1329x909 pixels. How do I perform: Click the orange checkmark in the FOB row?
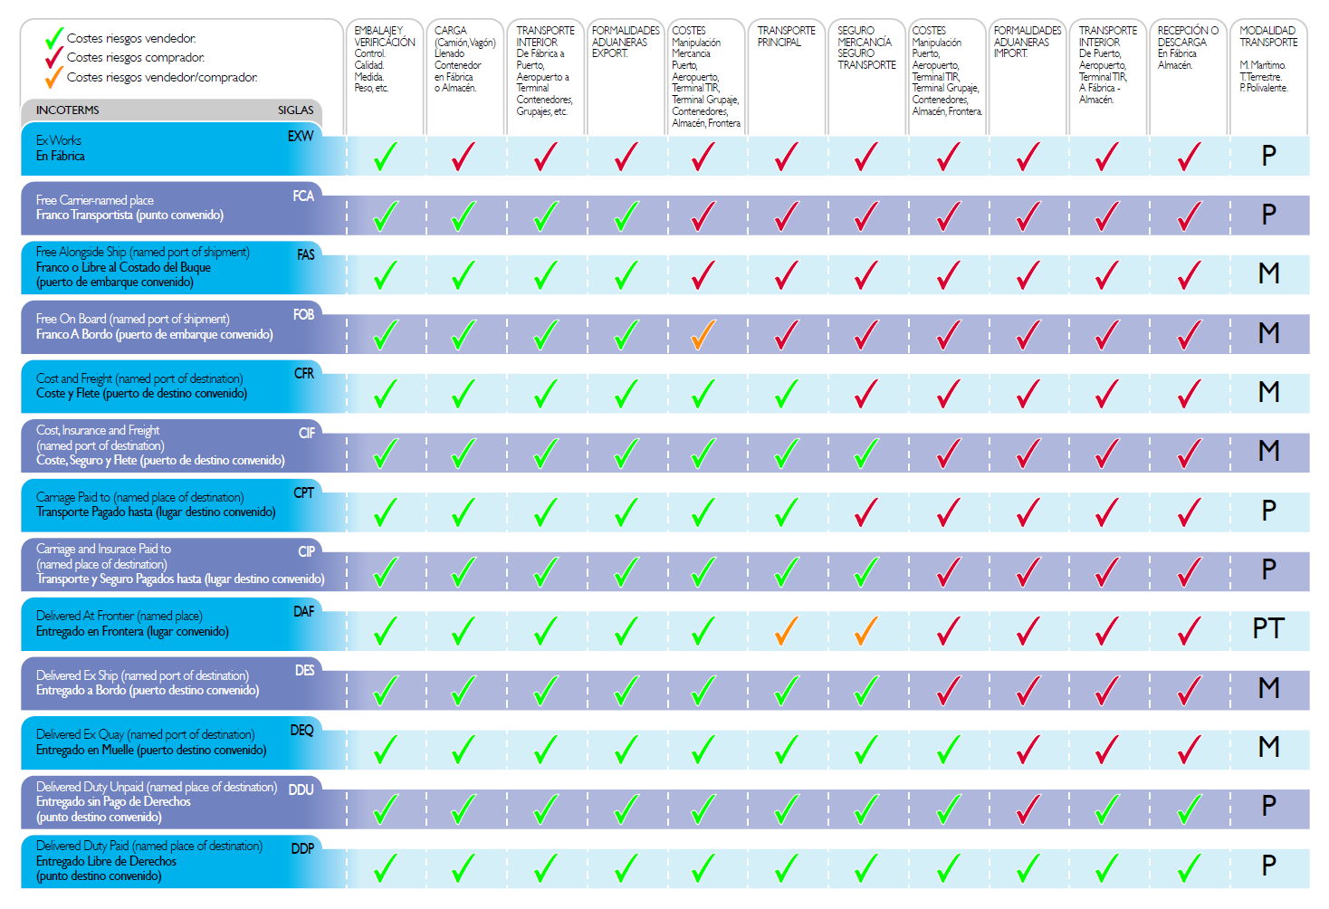pyautogui.click(x=703, y=335)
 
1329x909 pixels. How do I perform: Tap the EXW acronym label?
pyautogui.click(x=301, y=137)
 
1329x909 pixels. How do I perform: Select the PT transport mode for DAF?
pyautogui.click(x=1268, y=628)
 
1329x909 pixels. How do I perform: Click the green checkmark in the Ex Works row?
pyautogui.click(x=385, y=158)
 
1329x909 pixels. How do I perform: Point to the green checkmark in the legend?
pyautogui.click(x=54, y=39)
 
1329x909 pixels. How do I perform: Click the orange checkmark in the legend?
pyautogui.click(x=54, y=78)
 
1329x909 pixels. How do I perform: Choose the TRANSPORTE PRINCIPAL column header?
pyautogui.click(x=786, y=36)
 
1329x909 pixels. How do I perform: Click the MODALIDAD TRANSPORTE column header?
pyautogui.click(x=1268, y=36)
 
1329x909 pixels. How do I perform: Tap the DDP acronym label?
pyautogui.click(x=302, y=849)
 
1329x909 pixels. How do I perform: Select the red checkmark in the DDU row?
pyautogui.click(x=1028, y=809)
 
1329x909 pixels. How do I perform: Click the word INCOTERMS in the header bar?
pyautogui.click(x=68, y=110)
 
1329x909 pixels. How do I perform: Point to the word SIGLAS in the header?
pyautogui.click(x=295, y=110)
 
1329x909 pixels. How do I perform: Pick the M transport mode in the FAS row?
pyautogui.click(x=1268, y=273)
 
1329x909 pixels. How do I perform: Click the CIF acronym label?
pyautogui.click(x=307, y=434)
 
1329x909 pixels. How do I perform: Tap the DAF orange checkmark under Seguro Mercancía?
pyautogui.click(x=865, y=631)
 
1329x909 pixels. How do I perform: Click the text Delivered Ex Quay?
pyautogui.click(x=81, y=734)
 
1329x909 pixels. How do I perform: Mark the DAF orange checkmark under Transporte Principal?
pyautogui.click(x=786, y=631)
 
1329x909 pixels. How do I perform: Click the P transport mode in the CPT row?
pyautogui.click(x=1268, y=511)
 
